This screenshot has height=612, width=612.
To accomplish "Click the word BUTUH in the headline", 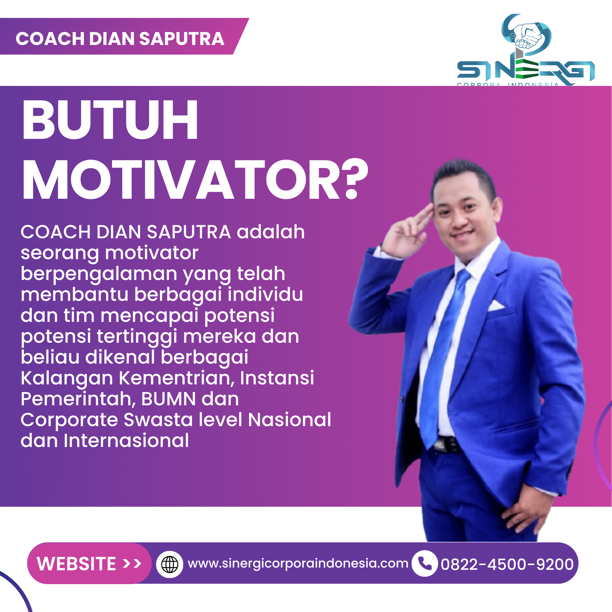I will [110, 119].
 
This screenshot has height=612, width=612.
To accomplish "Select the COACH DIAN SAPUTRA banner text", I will [120, 39].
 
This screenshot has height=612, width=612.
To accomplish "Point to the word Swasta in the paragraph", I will [158, 420].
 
